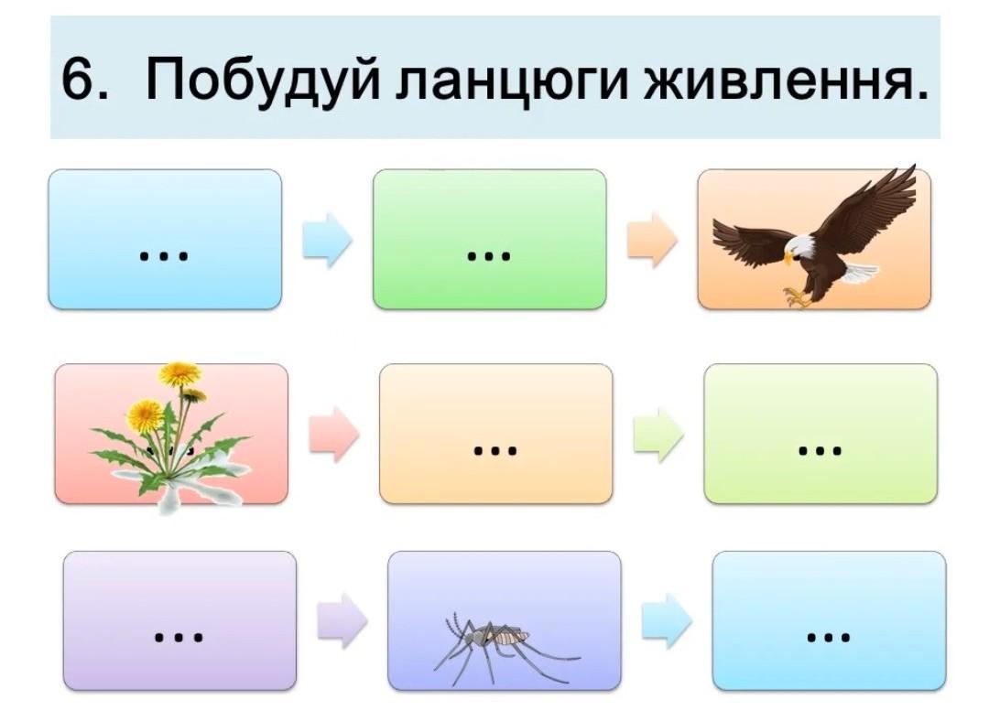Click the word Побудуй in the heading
tap(262, 79)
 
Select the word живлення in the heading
tap(786, 79)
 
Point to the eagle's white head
tap(799, 248)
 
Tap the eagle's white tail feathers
tap(859, 273)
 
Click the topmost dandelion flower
tap(179, 373)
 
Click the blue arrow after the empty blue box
tap(327, 240)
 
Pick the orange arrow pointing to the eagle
tap(652, 240)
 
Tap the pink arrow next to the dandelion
tap(333, 435)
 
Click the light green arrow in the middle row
tap(658, 435)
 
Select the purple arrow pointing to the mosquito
tap(342, 620)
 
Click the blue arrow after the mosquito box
tap(667, 620)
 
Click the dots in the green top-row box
tap(489, 256)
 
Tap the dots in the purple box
tap(179, 637)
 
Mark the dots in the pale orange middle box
tap(495, 450)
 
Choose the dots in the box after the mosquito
tap(828, 637)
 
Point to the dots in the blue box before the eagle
tap(164, 256)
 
